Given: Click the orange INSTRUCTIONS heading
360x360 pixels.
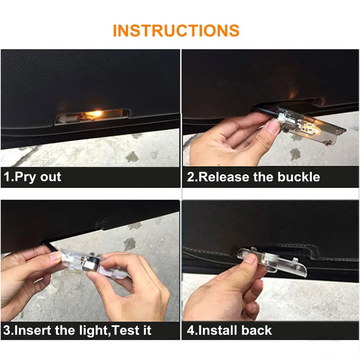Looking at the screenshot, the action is pos(176,31).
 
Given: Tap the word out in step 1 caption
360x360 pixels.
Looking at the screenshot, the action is pos(50,177).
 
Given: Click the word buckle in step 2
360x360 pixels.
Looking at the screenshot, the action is pos(298,177).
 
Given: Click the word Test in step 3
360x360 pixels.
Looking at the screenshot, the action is pos(126,330).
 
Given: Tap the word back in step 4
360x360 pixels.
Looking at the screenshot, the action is pos(256,330).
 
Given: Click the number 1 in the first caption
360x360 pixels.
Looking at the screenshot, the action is pos(7,177).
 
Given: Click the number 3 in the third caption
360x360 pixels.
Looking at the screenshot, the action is pos(7,330).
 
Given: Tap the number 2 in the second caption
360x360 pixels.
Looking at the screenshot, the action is pos(191,177).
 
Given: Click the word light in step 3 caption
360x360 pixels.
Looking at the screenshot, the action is pos(93,331).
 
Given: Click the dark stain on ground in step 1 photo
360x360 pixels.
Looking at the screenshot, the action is pos(132,157).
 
